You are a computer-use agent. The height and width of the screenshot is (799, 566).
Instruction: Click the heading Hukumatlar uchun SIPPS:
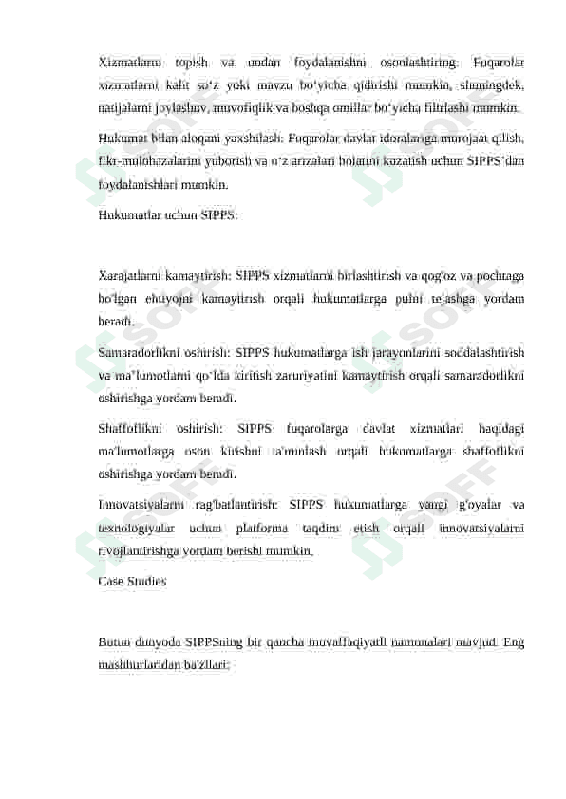pyautogui.click(x=168, y=214)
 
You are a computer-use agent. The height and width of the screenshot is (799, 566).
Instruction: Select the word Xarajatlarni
pyautogui.click(x=131, y=276)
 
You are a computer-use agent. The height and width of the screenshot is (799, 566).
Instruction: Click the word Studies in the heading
pyautogui.click(x=147, y=581)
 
